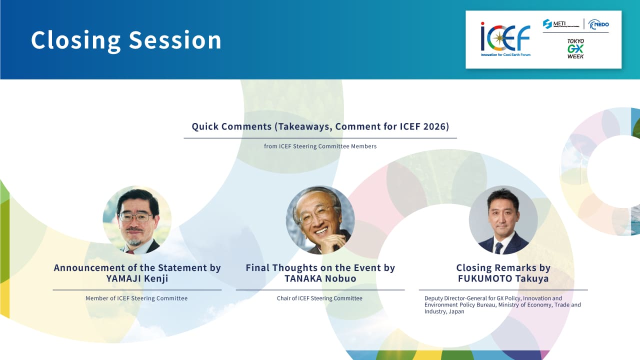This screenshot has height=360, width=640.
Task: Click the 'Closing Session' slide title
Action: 126,40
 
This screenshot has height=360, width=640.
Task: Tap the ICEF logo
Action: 505,39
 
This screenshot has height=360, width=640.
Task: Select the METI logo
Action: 561,24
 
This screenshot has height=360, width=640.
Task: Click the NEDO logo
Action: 598,24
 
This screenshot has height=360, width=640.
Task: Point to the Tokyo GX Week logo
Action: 575,49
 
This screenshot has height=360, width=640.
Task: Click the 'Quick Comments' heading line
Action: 320,126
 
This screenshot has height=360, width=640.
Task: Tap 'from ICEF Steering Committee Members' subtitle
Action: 320,146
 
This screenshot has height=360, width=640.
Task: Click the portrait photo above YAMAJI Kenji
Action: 137,220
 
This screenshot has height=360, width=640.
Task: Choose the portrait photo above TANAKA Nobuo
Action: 320,220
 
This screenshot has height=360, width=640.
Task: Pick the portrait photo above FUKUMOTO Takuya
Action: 503,220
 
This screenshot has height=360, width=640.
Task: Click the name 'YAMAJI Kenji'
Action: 137,278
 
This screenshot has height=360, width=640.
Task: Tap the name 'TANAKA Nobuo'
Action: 320,278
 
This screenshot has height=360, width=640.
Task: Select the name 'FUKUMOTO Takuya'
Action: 503,278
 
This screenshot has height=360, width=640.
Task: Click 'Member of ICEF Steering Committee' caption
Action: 136,298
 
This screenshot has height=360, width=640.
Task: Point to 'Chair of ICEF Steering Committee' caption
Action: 319,298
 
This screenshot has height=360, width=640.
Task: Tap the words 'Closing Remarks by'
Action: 503,267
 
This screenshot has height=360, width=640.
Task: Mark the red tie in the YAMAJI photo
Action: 130,252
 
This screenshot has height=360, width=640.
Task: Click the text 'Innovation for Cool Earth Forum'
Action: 505,54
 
